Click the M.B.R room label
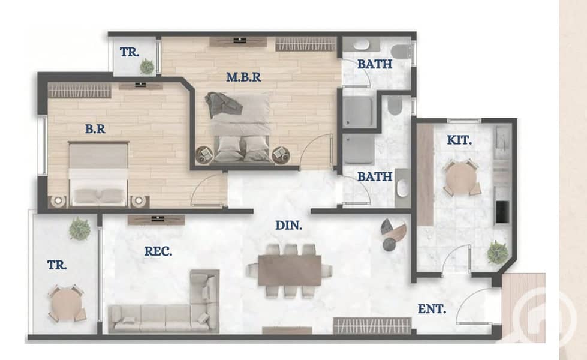pos(243,77)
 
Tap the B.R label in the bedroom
pos(95,129)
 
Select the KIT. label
pos(459,140)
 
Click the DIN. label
pos(288,225)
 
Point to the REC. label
pos(158,251)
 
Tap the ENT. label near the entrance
pos(432,309)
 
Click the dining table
pos(290,270)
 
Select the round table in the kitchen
pos(462,178)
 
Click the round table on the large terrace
pos(66,304)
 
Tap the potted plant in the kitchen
pos(498,252)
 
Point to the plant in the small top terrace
pos(147,67)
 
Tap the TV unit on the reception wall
pos(156,220)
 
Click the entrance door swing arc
pos(466,296)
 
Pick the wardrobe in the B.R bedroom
pos(80,91)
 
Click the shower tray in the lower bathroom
pos(359,149)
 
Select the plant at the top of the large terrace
pos(80,228)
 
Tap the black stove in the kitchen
pos(502,212)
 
